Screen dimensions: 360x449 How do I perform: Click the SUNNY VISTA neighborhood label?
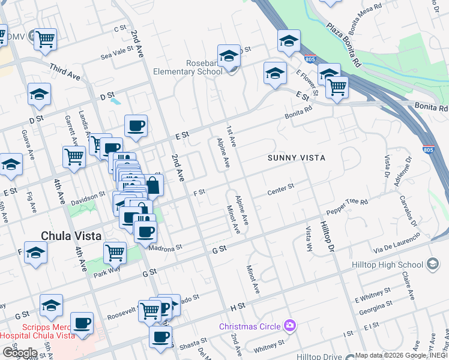coord(297,158)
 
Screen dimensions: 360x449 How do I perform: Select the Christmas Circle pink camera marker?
coord(291,326)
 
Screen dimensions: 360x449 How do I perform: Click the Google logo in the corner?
coord(20,352)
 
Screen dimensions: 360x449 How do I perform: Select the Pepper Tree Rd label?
coord(347,208)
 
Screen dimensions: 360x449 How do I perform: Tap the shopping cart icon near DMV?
coord(46,40)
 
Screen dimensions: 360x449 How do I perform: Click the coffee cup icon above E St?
coord(136,126)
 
